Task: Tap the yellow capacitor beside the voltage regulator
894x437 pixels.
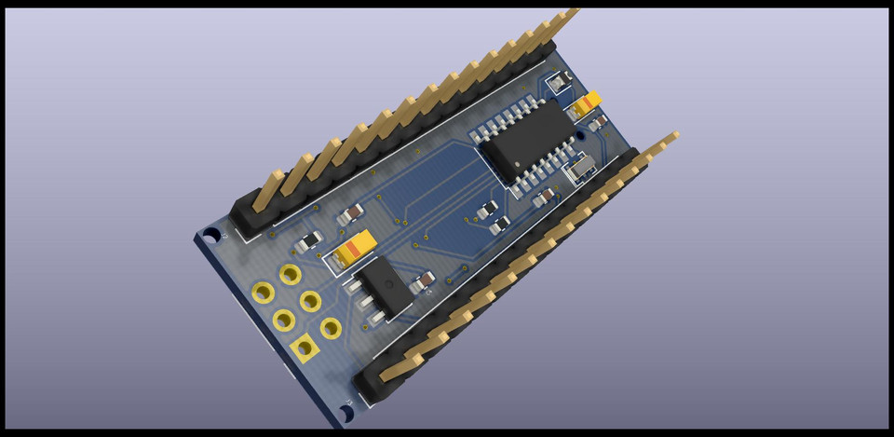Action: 357,248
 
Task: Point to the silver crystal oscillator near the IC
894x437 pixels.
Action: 582,168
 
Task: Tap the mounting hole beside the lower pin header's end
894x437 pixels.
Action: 345,411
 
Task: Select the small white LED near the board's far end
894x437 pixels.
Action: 558,84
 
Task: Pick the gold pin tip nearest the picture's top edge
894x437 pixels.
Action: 570,13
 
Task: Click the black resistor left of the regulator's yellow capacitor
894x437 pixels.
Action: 305,244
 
